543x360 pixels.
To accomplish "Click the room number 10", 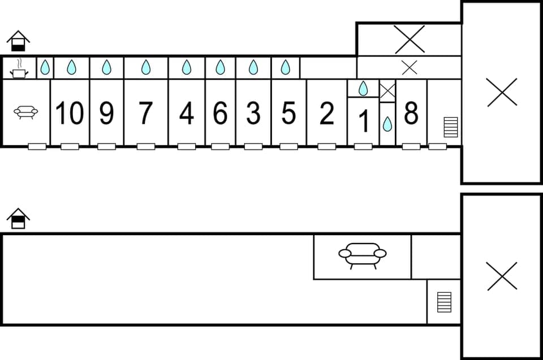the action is pyautogui.click(x=70, y=113).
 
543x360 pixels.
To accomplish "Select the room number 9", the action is pyautogui.click(x=106, y=113).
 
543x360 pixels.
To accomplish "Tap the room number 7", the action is pyautogui.click(x=145, y=113).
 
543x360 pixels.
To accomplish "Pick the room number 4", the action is pyautogui.click(x=186, y=114).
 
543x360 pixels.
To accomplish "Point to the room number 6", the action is pyautogui.click(x=220, y=114).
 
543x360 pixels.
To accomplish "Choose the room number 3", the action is pyautogui.click(x=253, y=114).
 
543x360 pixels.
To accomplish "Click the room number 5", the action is pyautogui.click(x=288, y=114).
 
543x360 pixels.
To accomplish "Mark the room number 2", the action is pyautogui.click(x=326, y=114).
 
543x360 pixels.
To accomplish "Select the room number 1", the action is pyautogui.click(x=364, y=121).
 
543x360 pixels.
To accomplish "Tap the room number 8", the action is pyautogui.click(x=411, y=113).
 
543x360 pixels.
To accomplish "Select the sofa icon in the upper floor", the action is pyautogui.click(x=26, y=112).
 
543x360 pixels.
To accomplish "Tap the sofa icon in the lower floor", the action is pyautogui.click(x=362, y=255).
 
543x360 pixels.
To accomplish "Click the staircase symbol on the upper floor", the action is pyautogui.click(x=451, y=127).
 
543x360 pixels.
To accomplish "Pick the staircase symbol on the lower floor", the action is pyautogui.click(x=445, y=302).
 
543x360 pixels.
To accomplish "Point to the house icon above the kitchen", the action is pyautogui.click(x=19, y=41).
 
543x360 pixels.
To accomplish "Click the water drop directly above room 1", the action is pyautogui.click(x=363, y=88).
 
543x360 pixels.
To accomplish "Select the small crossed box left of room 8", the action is pyautogui.click(x=387, y=90).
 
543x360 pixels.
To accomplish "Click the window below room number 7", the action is pyautogui.click(x=146, y=146).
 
